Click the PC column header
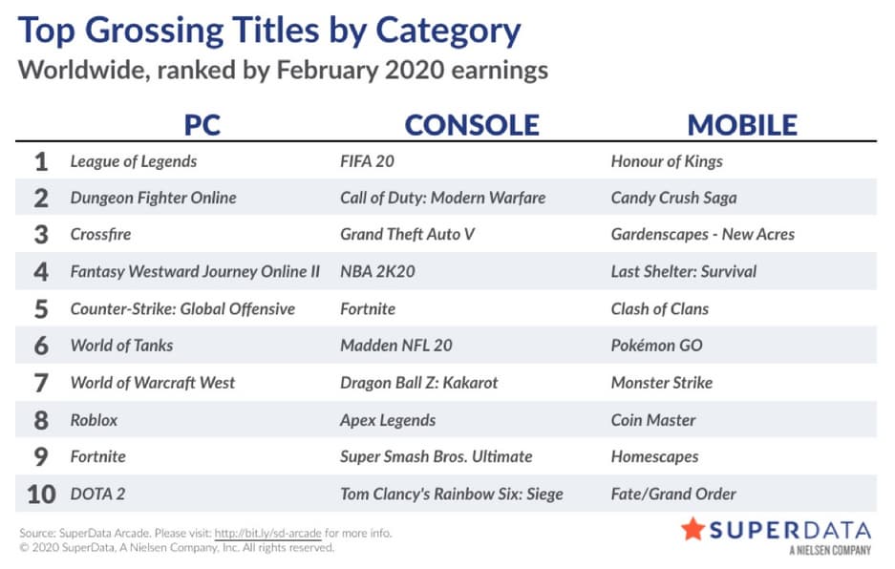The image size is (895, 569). click(202, 125)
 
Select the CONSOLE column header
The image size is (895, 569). click(472, 125)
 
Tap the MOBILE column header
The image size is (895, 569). click(742, 125)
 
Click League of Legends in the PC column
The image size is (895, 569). click(134, 161)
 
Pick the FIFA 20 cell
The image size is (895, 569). click(367, 161)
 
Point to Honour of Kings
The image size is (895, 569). click(667, 161)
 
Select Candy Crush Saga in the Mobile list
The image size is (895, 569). click(673, 198)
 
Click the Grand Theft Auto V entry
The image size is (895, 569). click(407, 234)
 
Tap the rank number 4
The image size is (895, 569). click(40, 271)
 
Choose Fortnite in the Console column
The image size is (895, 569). click(368, 308)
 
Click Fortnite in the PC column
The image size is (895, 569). click(97, 456)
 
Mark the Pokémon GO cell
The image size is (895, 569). click(656, 346)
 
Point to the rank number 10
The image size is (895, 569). click(41, 494)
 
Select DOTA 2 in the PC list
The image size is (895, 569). click(97, 494)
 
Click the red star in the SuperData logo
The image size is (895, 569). click(693, 529)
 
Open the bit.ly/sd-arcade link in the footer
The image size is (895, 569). click(267, 533)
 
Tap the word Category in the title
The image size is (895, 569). click(448, 32)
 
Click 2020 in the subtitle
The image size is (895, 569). click(415, 71)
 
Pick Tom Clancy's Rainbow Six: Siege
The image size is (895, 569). click(452, 494)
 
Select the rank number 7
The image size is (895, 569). click(40, 383)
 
